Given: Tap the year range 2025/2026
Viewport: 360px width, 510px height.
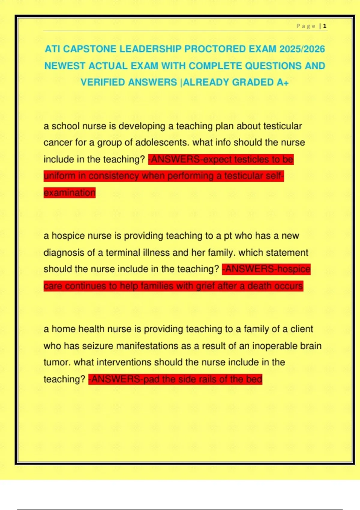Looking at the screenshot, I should [302, 49].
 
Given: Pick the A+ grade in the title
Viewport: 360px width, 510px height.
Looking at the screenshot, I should [282, 82].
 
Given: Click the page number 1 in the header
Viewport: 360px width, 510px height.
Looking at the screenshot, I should [325, 26].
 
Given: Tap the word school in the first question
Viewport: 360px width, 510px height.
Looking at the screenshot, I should [65, 126].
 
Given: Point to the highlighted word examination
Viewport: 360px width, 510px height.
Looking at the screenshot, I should [69, 193].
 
